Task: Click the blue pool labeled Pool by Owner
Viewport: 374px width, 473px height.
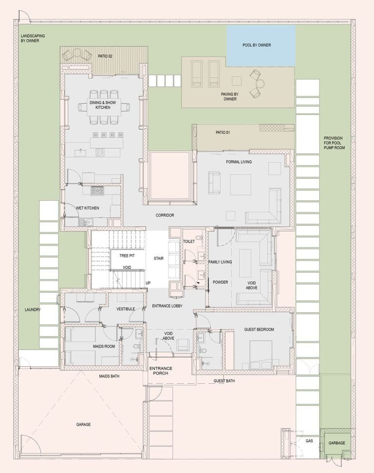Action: pyautogui.click(x=261, y=45)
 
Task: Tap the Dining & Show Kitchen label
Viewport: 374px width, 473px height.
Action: pyautogui.click(x=99, y=105)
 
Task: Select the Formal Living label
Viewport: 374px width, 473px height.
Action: pyautogui.click(x=239, y=162)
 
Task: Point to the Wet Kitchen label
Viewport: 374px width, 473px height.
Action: pyautogui.click(x=88, y=208)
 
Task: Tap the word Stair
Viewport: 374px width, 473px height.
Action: pyautogui.click(x=158, y=258)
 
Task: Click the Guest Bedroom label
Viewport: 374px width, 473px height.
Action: pyautogui.click(x=259, y=329)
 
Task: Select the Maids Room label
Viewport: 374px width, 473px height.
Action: pyautogui.click(x=90, y=346)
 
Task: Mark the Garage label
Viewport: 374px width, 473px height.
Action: pyautogui.click(x=83, y=424)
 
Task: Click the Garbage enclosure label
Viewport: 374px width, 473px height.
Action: pyautogui.click(x=336, y=443)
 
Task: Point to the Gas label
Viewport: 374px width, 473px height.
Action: pyautogui.click(x=309, y=440)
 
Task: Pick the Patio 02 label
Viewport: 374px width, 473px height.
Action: pyautogui.click(x=105, y=56)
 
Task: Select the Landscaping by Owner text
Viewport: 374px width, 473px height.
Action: pyautogui.click(x=30, y=38)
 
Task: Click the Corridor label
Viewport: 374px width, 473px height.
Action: pyautogui.click(x=165, y=215)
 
